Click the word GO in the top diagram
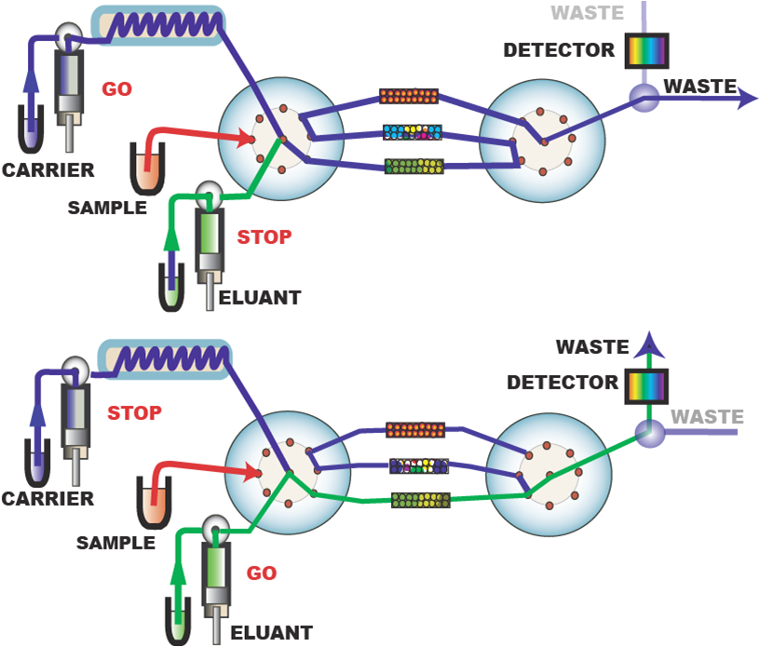[116, 89]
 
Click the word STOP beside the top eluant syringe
[264, 236]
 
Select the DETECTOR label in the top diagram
[559, 50]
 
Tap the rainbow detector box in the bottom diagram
[645, 383]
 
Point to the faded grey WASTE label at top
[587, 14]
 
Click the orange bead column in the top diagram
[409, 96]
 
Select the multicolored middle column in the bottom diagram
[418, 465]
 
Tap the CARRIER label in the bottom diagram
[47, 499]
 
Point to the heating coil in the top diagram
[157, 25]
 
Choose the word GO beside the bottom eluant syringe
[262, 573]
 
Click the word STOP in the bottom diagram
[134, 412]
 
